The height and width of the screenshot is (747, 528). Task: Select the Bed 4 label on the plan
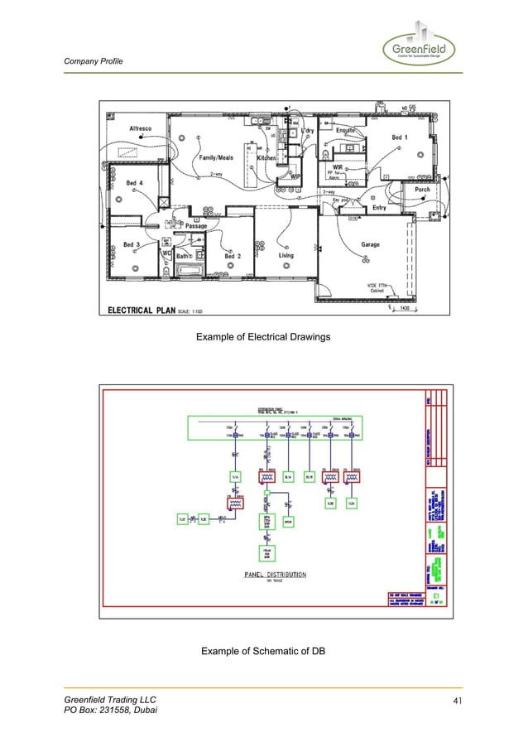[134, 183]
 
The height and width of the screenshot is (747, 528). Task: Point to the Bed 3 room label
[132, 245]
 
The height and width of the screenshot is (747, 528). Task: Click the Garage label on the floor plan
[370, 245]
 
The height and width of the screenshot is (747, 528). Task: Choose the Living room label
[285, 256]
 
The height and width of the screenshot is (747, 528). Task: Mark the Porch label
[422, 190]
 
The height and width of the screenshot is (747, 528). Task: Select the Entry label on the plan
[379, 208]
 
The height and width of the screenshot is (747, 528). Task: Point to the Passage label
[196, 226]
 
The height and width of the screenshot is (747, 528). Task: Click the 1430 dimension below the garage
[406, 308]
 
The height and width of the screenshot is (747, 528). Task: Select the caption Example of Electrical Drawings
[262, 338]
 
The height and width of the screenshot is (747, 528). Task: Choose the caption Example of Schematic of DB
[262, 653]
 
